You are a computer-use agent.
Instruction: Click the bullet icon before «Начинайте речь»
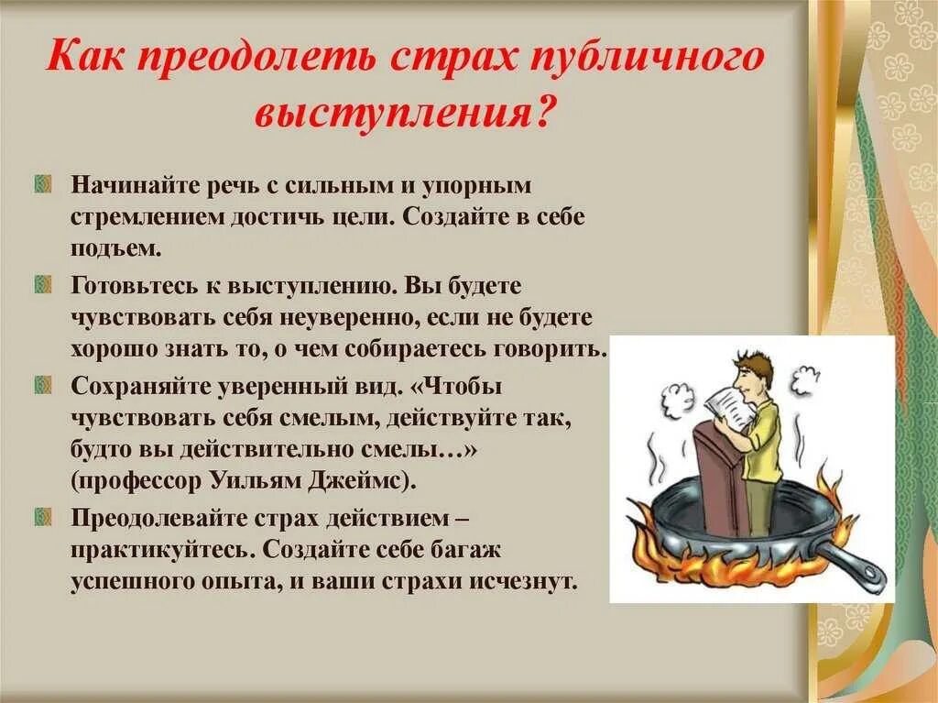[42, 186]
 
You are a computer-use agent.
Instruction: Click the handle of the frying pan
[856, 565]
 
